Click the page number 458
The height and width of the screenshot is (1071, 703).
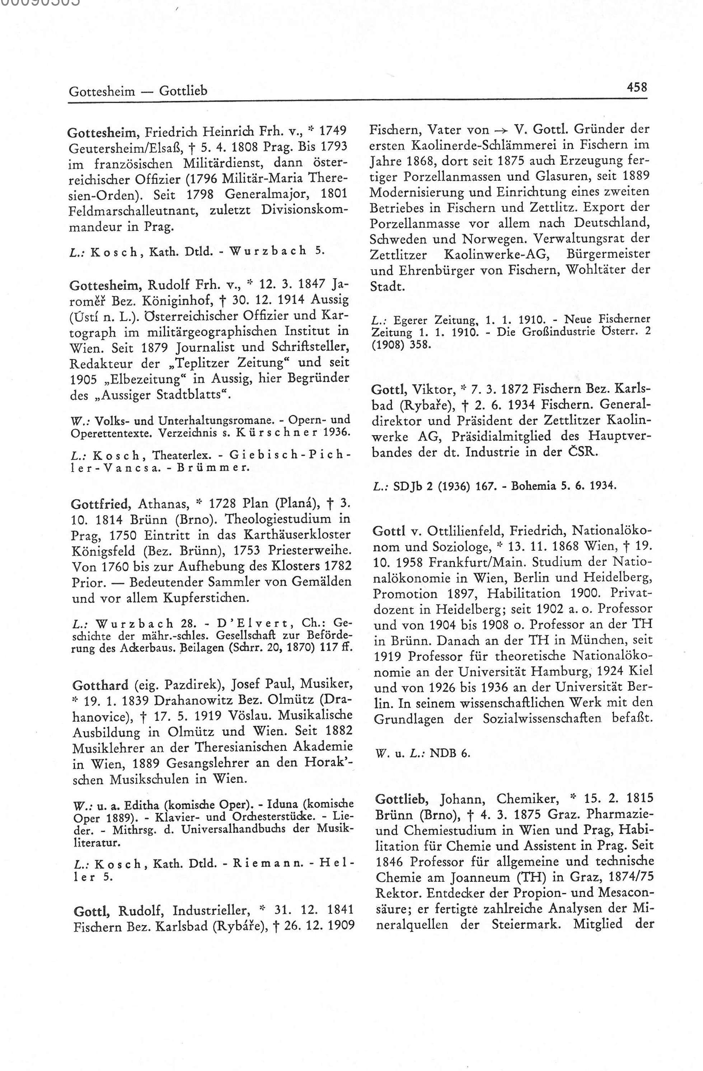[x=637, y=87]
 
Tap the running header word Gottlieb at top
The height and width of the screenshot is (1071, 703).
[x=183, y=91]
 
